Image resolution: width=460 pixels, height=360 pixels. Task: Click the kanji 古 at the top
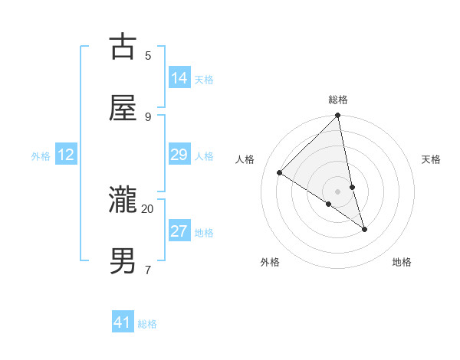123,47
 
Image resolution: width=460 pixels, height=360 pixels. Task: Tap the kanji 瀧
123,201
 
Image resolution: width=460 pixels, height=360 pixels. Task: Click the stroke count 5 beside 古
148,55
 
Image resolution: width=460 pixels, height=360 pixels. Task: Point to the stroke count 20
147,208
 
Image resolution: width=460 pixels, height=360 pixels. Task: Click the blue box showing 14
179,78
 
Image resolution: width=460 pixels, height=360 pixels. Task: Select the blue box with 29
179,155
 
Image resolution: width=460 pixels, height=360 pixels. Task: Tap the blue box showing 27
179,231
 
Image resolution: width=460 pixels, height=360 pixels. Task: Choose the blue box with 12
66,155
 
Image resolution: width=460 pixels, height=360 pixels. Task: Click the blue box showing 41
123,322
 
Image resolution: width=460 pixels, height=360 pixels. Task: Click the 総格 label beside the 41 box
147,324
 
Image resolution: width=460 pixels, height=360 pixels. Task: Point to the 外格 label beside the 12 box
41,156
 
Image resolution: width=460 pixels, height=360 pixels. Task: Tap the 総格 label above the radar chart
338,100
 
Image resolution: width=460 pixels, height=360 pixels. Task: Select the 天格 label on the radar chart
431,159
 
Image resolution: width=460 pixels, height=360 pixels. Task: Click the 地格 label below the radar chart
402,262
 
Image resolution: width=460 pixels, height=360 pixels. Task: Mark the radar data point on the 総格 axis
338,116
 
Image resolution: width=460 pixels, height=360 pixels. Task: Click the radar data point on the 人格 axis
280,172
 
